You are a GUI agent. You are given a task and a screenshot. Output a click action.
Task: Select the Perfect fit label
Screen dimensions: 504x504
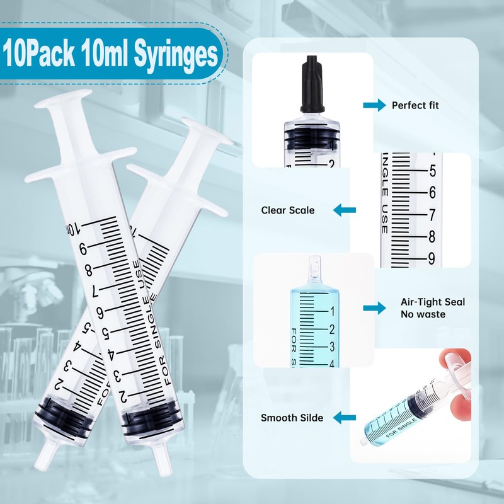[x=415, y=105]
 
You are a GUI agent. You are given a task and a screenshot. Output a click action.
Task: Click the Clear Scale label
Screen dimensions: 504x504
[x=288, y=210]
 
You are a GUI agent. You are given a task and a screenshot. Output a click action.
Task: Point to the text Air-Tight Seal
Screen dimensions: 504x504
[x=433, y=302]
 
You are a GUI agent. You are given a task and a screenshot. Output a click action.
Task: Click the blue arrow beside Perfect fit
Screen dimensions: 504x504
[x=374, y=105]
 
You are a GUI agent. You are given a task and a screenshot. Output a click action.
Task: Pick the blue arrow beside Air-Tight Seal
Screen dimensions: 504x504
[x=374, y=307]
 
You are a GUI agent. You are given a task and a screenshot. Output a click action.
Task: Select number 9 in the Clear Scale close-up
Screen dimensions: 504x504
[x=432, y=257]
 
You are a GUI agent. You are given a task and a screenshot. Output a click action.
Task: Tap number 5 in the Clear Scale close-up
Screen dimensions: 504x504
[x=432, y=170]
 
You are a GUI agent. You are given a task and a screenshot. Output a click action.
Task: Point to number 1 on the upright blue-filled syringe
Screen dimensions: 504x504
[x=331, y=311]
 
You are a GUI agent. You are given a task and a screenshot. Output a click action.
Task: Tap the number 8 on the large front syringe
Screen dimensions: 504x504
[x=89, y=270]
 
